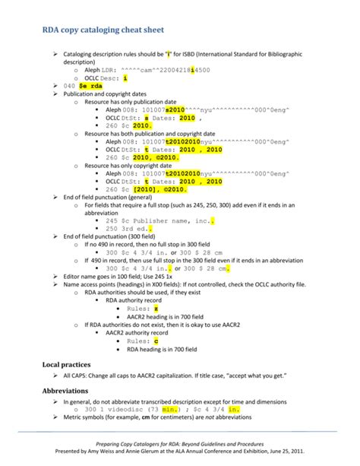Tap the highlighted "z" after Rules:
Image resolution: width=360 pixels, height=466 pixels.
tap(156, 308)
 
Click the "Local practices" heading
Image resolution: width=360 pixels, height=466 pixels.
tap(70, 364)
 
